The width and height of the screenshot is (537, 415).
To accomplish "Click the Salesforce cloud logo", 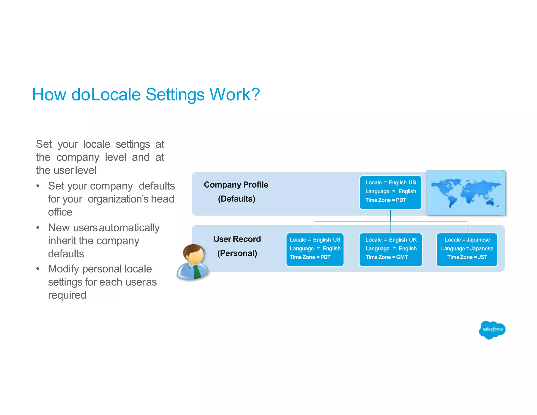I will pos(492,330).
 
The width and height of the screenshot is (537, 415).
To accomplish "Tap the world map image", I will pos(466,193).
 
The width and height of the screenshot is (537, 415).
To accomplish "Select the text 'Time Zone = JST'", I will pos(467,257).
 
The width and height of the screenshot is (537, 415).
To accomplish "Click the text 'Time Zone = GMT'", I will pos(386,257).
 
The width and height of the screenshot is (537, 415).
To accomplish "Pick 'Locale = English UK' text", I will pos(391,240).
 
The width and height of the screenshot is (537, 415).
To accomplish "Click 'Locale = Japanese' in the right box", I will pos(467,240).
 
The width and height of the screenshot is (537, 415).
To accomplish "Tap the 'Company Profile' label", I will pos(236,185).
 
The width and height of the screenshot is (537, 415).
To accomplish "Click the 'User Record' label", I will pos(237,239).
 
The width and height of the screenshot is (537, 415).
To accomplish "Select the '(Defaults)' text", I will pos(237,199).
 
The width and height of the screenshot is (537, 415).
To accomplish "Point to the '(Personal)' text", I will pos(237,253).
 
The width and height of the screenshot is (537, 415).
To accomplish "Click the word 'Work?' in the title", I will pos(234,94).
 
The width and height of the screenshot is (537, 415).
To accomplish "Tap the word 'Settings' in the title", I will pos(175,94).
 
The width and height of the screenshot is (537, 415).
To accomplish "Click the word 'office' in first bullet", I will pos(60,212).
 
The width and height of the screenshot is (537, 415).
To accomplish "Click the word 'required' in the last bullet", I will pos(67,295).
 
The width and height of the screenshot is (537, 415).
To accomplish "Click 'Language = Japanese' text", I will pos(467,248).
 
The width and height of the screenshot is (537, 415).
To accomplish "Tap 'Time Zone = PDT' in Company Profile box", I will pos(385,200).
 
